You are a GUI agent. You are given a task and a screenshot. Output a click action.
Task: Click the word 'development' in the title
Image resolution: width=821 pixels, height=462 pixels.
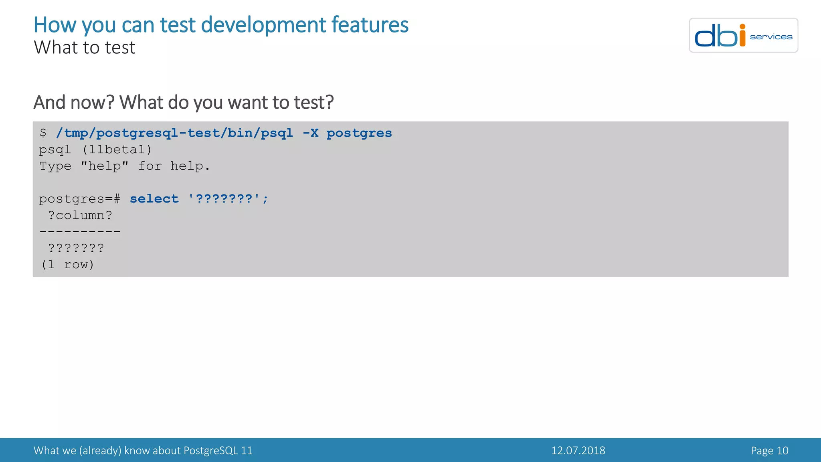263,25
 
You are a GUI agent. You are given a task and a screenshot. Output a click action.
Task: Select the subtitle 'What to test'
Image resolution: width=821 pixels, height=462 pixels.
85,47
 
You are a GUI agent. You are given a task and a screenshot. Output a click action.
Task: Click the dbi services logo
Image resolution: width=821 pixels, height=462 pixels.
743,35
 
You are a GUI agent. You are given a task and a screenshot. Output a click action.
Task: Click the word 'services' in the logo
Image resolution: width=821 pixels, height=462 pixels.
771,37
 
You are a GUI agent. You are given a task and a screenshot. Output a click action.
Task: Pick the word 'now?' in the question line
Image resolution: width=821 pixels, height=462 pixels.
92,102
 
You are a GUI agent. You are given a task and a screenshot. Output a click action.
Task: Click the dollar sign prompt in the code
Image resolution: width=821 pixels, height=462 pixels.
43,133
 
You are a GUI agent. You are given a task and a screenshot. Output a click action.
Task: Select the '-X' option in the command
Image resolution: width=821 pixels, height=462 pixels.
310,133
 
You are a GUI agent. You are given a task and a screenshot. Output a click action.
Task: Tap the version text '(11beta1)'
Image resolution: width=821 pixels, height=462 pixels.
117,150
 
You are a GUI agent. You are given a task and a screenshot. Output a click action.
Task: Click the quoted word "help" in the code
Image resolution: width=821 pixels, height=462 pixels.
105,166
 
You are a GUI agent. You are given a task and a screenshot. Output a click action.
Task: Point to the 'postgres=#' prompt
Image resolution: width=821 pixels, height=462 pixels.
79,199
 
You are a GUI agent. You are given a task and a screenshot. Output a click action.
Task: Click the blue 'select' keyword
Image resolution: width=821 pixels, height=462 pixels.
154,199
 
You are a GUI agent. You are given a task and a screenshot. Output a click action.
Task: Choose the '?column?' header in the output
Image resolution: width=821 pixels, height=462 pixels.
80,215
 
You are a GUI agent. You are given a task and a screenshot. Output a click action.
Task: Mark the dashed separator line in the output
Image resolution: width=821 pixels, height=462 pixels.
80,231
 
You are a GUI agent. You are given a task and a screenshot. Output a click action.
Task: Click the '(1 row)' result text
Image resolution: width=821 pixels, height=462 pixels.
67,265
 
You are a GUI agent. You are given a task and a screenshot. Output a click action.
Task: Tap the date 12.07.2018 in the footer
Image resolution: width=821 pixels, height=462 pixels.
578,450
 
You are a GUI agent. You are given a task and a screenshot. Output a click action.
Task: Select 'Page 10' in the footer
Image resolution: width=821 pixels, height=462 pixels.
769,450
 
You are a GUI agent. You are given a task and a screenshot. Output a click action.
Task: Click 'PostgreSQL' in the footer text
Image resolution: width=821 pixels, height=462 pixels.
210,450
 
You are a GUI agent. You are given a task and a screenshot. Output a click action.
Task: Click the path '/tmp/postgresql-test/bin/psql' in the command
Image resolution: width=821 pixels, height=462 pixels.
174,133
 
